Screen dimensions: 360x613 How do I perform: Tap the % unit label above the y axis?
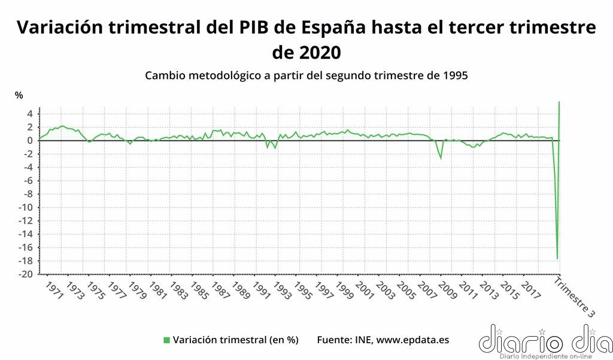click(19, 95)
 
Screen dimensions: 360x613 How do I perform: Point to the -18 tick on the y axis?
click(26, 261)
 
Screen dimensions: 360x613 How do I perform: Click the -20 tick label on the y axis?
click(26, 274)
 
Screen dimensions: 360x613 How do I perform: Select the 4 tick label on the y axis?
click(29, 114)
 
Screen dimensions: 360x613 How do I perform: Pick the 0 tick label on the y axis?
click(29, 141)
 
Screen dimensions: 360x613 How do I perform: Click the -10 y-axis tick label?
click(26, 207)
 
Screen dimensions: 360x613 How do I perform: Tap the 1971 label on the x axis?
click(53, 292)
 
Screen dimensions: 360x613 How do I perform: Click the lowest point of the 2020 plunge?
click(557, 259)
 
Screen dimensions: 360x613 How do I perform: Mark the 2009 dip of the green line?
click(441, 159)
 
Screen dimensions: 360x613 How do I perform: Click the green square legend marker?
click(166, 340)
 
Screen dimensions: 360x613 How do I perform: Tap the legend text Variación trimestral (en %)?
click(235, 340)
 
